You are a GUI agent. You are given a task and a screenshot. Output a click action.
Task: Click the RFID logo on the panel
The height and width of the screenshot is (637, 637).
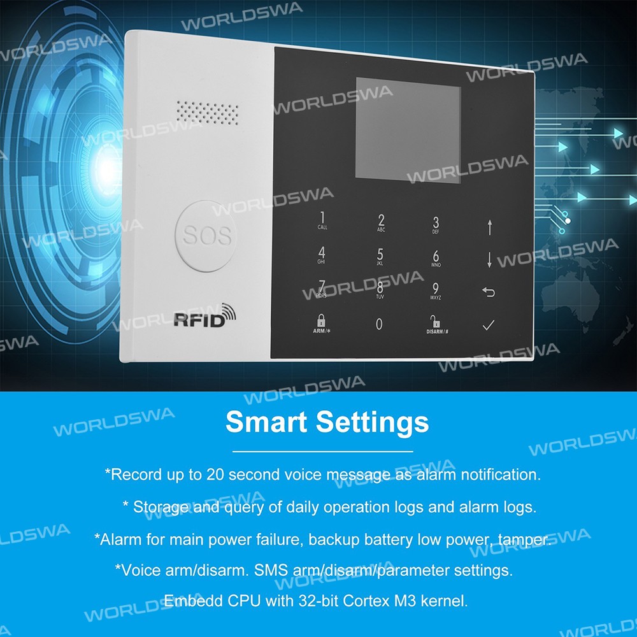[x=204, y=316]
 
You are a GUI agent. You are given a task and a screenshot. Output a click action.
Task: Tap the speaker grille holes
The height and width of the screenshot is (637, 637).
[x=207, y=113]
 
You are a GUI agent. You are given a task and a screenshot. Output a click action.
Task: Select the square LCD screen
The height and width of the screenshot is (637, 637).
[x=408, y=131]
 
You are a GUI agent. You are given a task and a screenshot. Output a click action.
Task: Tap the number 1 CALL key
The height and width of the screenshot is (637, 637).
[x=322, y=220]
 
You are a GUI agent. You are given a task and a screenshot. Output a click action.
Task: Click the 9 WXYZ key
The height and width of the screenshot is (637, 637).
[x=435, y=291]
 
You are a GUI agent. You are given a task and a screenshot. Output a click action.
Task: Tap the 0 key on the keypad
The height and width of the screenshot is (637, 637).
[x=379, y=324]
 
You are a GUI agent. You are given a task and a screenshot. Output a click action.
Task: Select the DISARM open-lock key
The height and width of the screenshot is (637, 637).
[x=437, y=325]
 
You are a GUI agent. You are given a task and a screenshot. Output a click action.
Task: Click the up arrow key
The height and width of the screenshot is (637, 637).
[x=490, y=227]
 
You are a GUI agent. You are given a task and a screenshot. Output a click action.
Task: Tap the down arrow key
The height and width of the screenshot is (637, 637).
[x=489, y=260]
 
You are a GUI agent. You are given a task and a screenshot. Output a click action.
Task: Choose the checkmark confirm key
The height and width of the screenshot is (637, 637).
[x=489, y=325]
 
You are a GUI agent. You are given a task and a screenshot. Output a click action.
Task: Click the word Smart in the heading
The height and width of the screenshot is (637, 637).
[x=266, y=422]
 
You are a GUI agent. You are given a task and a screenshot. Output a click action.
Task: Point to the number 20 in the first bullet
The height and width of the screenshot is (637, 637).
[x=215, y=475]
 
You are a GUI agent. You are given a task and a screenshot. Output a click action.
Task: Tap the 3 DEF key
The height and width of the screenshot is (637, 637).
[x=436, y=225]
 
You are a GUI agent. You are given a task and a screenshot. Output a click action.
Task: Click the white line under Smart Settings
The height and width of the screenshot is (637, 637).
[x=322, y=452]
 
